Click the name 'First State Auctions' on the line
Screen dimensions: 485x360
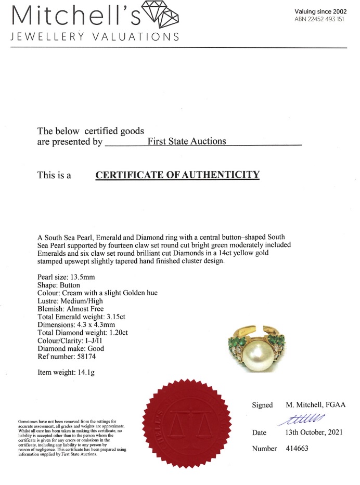click(187, 141)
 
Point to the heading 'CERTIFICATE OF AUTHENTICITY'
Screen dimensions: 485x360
click(177, 175)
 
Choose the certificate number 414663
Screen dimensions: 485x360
click(297, 449)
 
